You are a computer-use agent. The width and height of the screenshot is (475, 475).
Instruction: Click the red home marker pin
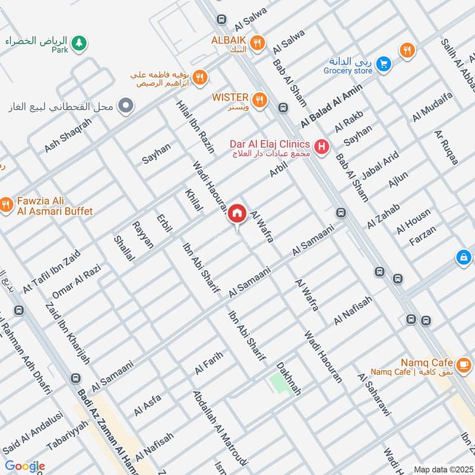[237, 213]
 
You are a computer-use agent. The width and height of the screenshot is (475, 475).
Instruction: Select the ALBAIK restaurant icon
[256, 42]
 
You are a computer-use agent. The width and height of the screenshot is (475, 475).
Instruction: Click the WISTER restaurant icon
[259, 99]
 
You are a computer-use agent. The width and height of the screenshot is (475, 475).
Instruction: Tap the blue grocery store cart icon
[384, 62]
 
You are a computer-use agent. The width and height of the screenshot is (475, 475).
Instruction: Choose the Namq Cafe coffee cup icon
[464, 362]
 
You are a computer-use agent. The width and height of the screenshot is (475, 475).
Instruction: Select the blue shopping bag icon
[463, 257]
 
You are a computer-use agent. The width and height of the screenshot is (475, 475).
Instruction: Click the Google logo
[24, 466]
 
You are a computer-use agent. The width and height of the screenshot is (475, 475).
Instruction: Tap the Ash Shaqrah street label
[68, 135]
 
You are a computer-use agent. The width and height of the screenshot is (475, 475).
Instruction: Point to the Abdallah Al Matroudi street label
[219, 427]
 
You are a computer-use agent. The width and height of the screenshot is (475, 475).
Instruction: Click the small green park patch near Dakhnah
[278, 382]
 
